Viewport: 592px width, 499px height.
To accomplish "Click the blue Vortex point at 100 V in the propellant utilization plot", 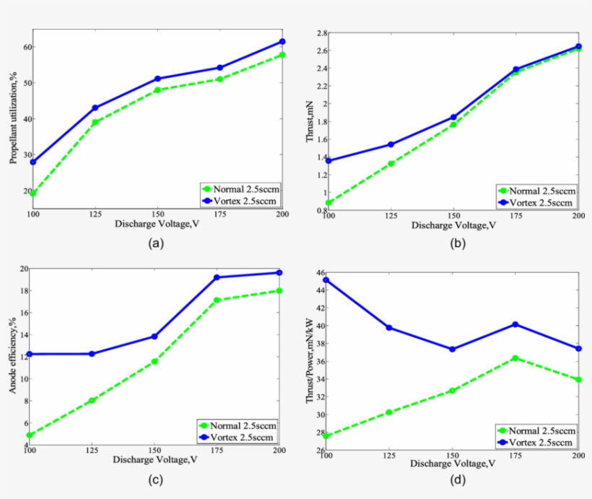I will tap(33, 162).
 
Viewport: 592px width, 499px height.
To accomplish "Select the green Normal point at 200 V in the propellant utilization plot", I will tap(282, 55).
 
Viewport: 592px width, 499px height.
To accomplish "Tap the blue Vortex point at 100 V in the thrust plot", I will tap(328, 160).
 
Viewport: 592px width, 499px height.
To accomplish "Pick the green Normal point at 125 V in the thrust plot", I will tap(391, 164).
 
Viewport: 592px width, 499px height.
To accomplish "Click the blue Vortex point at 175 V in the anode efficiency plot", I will tap(216, 277).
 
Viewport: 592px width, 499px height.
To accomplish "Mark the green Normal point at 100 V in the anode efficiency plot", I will tap(30, 435).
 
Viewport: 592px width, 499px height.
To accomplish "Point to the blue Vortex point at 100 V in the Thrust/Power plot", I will tap(326, 279).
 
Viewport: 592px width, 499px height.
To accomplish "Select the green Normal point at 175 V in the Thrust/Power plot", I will tap(515, 358).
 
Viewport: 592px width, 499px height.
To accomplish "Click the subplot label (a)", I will tap(154, 243).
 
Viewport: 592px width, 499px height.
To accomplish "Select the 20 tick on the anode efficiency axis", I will tap(22, 269).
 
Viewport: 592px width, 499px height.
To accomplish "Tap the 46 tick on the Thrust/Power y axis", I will tap(318, 272).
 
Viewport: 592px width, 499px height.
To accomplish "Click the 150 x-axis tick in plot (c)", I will tap(154, 450).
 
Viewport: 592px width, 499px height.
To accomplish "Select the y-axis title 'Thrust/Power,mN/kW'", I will tap(309, 360).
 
